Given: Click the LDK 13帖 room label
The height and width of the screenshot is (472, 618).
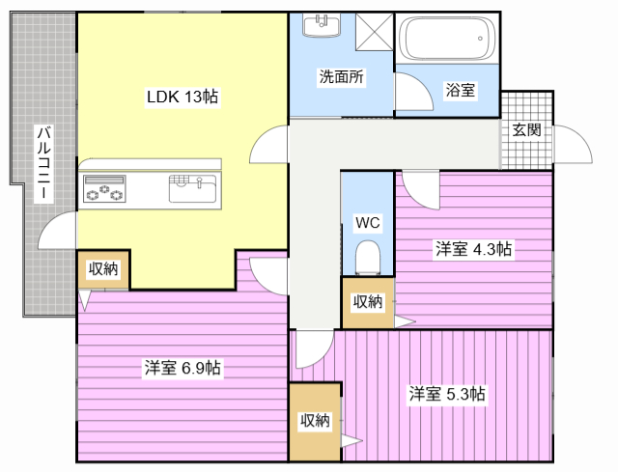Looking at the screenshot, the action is tap(183, 97).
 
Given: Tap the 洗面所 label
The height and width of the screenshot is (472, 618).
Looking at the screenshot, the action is tap(341, 77).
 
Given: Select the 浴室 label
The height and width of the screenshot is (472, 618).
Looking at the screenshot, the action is tap(460, 90).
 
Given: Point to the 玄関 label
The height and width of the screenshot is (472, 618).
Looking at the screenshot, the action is tap(526, 129).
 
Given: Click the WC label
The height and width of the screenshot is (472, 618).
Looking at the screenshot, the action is tap(367, 223).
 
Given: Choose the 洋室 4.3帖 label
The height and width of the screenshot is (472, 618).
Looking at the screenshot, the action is tap(473, 249).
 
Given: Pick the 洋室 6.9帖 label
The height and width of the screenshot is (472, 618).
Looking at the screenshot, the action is tap(183, 368).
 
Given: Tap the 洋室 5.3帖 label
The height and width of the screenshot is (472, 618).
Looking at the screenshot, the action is tap(447, 394).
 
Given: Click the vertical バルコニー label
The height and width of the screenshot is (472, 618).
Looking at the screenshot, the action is tap(43, 163).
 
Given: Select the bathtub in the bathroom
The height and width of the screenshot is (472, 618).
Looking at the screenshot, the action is tap(447, 39).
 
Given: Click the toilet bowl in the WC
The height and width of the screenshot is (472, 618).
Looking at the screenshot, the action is tap(368, 258).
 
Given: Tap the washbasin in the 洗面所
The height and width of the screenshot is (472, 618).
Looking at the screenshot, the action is tap(322, 25).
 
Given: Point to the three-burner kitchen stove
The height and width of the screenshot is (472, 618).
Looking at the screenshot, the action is tap(104, 189).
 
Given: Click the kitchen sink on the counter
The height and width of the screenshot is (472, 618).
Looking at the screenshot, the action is tap(193, 189).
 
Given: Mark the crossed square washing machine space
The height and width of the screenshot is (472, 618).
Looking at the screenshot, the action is tap(375, 32).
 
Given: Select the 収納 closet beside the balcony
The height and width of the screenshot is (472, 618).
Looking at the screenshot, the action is tap(103, 269).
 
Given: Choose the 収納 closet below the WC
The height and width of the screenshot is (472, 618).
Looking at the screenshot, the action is tap(368, 302).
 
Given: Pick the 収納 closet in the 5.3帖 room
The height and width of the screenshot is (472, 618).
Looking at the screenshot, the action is tap(315, 421).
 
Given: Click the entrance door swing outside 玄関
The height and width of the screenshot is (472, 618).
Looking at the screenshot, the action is tap(573, 144).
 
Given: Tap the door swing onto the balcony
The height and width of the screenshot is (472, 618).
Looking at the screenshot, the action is tap(57, 230).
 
